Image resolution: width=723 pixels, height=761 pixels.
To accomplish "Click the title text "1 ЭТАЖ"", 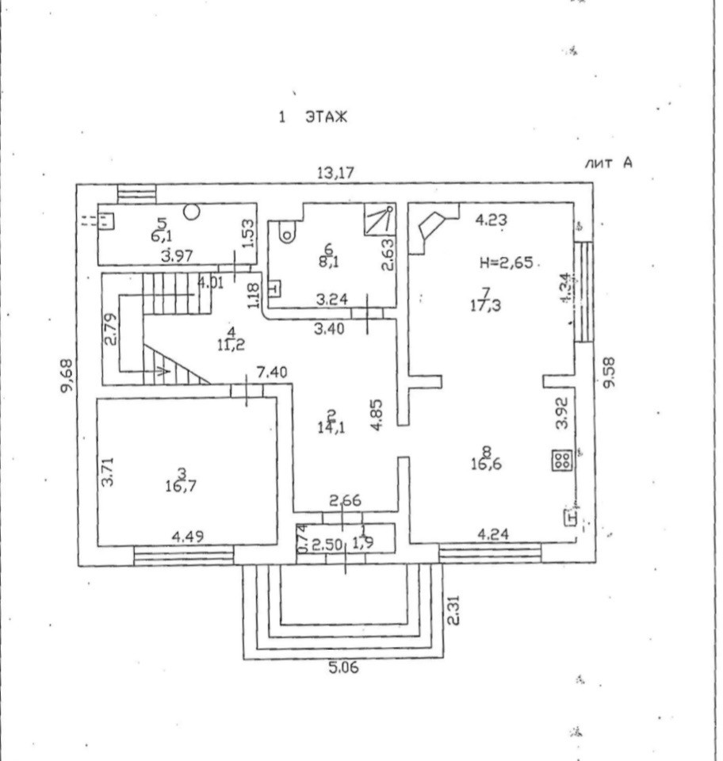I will (x=313, y=117).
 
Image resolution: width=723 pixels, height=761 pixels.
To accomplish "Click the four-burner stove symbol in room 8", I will (x=561, y=461).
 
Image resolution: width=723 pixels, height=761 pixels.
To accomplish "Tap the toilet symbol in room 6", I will (x=287, y=232).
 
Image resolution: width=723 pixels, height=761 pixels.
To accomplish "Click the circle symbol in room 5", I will (x=192, y=212).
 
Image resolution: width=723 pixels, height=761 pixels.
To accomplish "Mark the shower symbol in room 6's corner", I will (x=379, y=220).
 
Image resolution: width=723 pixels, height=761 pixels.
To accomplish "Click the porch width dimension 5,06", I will (x=343, y=668).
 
